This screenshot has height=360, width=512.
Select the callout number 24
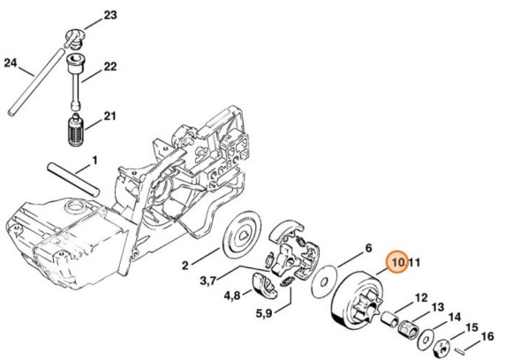11,63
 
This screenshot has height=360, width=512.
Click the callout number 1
94,161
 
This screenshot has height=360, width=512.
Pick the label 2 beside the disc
186,263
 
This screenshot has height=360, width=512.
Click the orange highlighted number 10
397,262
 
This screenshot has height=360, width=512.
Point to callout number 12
421,296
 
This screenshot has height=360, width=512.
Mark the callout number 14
454,317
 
